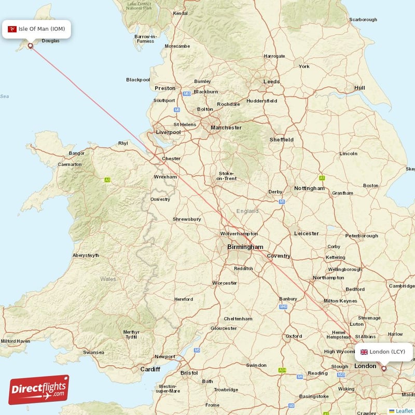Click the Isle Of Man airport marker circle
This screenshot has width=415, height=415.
pos(30,46)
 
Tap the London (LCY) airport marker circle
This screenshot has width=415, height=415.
pos(384,368)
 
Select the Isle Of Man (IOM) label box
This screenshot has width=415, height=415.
pos(36,29)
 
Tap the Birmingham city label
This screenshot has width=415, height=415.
pos(245,247)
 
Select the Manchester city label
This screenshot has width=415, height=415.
pos(226,127)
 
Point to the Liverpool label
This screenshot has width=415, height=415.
pos(169,132)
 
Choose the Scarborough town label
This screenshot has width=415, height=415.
pos(363,20)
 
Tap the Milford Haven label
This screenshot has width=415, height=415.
pos(16,341)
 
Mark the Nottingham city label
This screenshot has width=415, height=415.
pos(309,188)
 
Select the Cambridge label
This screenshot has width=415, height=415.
pos(402,286)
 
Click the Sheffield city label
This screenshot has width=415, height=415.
pos(281,140)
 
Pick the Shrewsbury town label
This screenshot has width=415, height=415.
pos(187,219)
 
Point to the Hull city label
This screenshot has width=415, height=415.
pos(359,88)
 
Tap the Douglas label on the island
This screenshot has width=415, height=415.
pos(50,40)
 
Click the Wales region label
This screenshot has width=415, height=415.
pos(108,279)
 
